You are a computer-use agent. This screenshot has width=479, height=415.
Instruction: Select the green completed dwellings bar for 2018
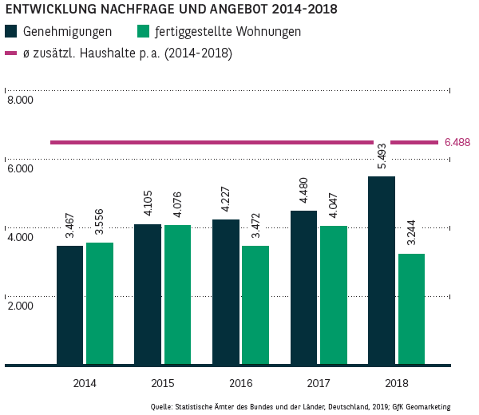pyautogui.click(x=411, y=309)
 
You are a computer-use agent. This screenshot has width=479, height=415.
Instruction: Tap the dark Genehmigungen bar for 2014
pyautogui.click(x=69, y=305)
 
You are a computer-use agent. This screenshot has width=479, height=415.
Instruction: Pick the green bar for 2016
pyautogui.click(x=255, y=305)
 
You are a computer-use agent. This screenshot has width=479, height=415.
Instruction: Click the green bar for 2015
pyautogui.click(x=177, y=294)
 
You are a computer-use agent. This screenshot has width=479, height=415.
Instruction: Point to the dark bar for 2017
pyautogui.click(x=303, y=287)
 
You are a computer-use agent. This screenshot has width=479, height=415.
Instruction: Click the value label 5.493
pyautogui.click(x=381, y=148)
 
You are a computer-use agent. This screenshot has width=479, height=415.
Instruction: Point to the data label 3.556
pyautogui.click(x=100, y=223)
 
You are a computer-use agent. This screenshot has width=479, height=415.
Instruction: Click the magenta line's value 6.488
pyautogui.click(x=457, y=142)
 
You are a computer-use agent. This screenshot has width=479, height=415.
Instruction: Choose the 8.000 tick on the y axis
pyautogui.click(x=20, y=101)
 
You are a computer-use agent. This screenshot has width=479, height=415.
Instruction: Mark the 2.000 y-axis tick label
pyautogui.click(x=20, y=306)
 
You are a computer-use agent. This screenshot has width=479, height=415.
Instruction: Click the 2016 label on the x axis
pyautogui.click(x=240, y=383)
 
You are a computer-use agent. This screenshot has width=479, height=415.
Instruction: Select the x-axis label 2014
pyautogui.click(x=84, y=383)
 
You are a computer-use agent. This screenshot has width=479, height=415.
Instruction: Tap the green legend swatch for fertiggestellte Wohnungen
pyautogui.click(x=144, y=32)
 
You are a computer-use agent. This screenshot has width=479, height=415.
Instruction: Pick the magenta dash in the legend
pyautogui.click(x=11, y=53)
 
